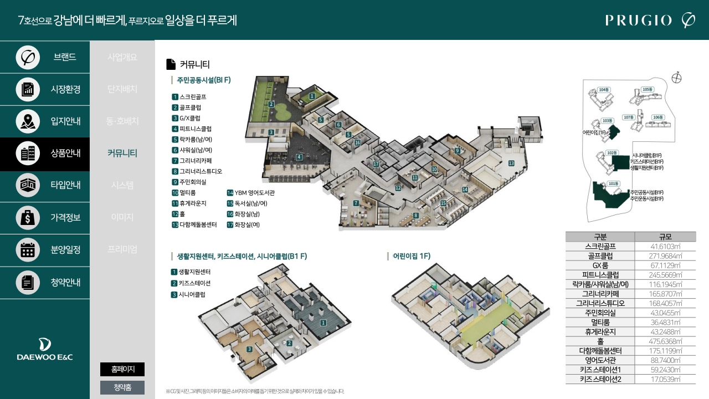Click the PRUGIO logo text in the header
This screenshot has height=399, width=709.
[x=638, y=21]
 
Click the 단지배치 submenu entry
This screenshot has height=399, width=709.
[x=122, y=89]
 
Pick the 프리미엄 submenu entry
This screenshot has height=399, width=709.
[x=122, y=249]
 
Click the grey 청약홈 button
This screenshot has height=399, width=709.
[x=122, y=387]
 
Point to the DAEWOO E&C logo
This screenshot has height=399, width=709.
[x=45, y=349]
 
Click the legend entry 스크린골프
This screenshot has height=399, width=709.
[x=192, y=97]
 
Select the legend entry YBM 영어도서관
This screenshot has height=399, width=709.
[x=254, y=193]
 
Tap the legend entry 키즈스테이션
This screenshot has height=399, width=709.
[x=194, y=283]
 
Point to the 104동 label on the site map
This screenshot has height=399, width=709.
[x=604, y=90]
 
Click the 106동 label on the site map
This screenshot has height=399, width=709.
[x=657, y=117]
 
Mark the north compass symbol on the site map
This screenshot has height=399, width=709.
[x=676, y=78]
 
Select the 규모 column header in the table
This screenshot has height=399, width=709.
[x=665, y=237]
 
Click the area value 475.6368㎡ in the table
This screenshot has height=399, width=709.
[x=665, y=341]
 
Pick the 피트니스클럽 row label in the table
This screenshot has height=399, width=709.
[x=600, y=275]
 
